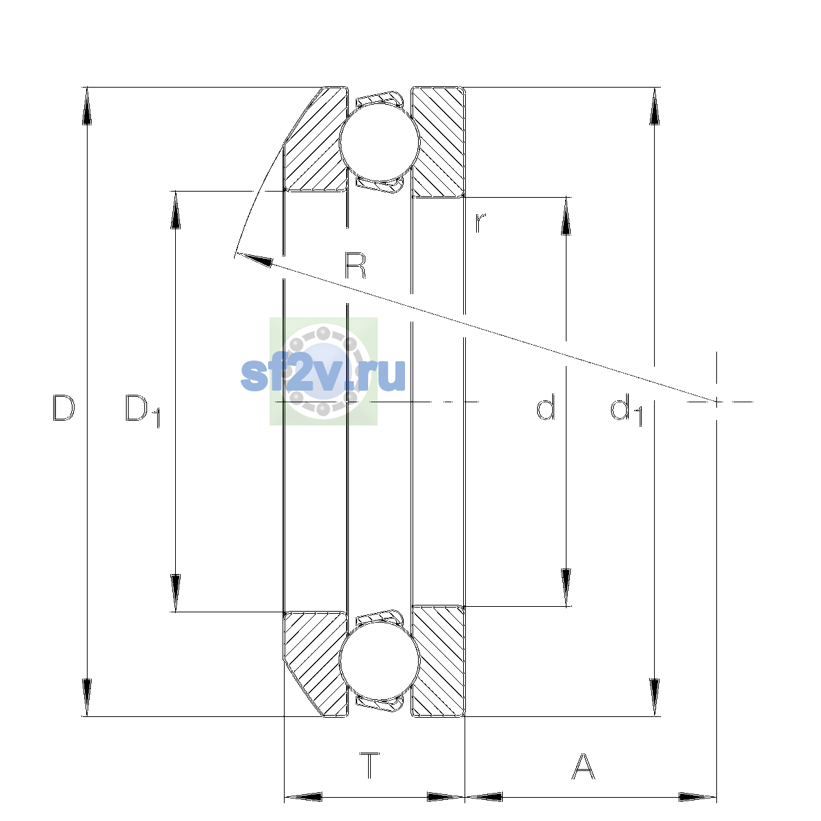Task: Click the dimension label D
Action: click(64, 408)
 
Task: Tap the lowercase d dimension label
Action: click(545, 407)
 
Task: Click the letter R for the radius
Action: click(355, 265)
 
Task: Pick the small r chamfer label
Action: click(480, 222)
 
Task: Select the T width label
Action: click(369, 766)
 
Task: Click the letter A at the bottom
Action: click(583, 766)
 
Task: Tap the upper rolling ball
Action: click(380, 142)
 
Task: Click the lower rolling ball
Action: click(380, 660)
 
